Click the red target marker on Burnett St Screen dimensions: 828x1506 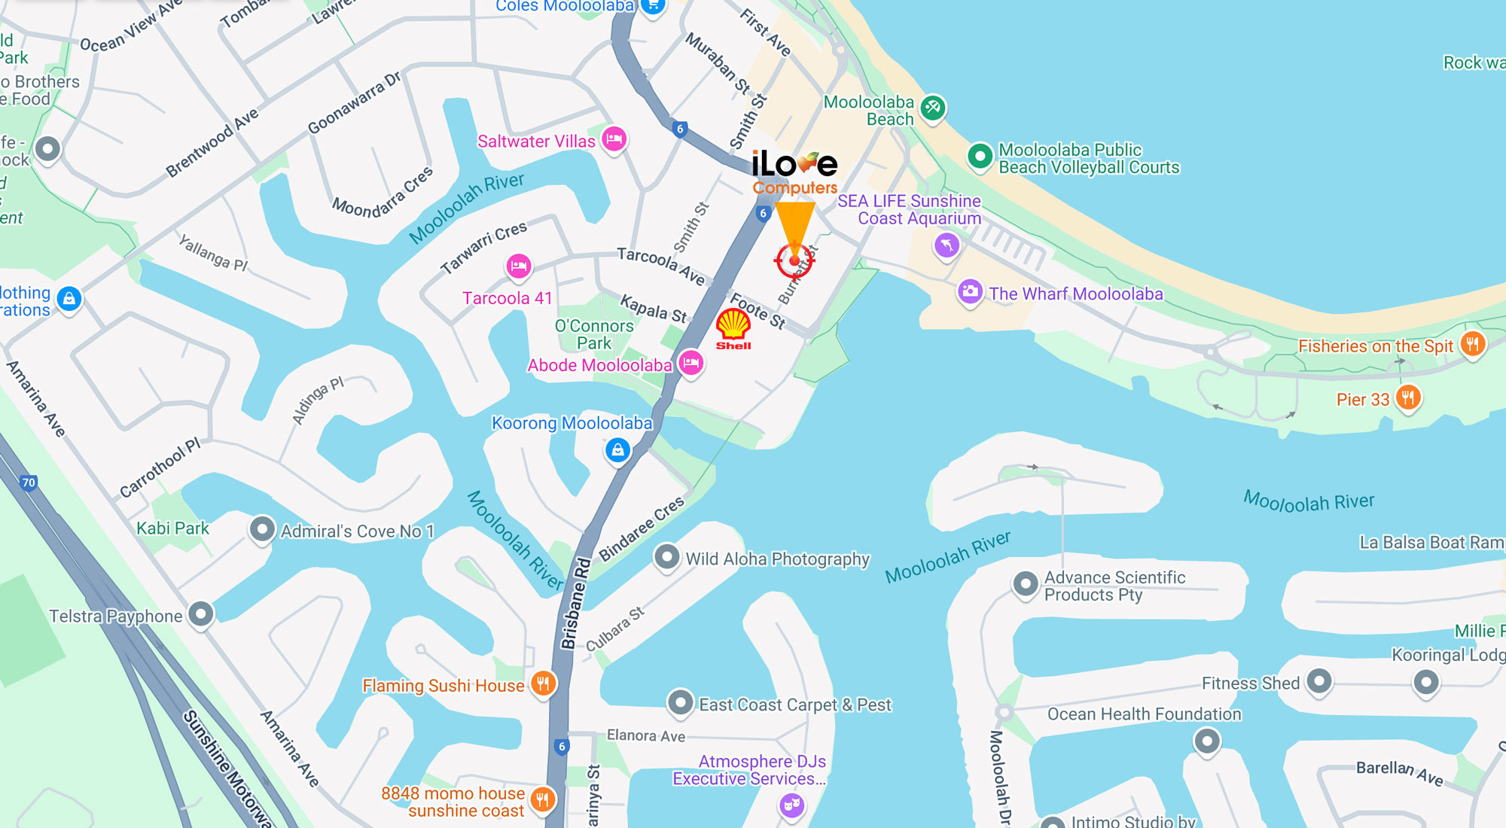pyautogui.click(x=794, y=260)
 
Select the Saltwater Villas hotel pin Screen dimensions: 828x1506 pyautogui.click(x=614, y=139)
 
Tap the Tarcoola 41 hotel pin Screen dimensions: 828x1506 pyautogui.click(x=518, y=266)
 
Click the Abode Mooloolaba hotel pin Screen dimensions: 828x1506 pyautogui.click(x=691, y=364)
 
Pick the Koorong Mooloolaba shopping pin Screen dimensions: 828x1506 pyautogui.click(x=617, y=450)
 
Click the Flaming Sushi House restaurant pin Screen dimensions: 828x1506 pyautogui.click(x=543, y=683)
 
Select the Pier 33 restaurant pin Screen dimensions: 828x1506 pyautogui.click(x=1407, y=397)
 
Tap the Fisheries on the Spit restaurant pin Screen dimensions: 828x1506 pyautogui.click(x=1472, y=344)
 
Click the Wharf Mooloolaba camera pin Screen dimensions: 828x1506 pyautogui.click(x=970, y=291)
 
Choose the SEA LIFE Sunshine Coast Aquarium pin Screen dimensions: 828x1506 pyautogui.click(x=947, y=244)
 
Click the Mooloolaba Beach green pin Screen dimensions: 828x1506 pyautogui.click(x=932, y=108)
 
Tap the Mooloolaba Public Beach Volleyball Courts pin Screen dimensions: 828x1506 pyautogui.click(x=980, y=157)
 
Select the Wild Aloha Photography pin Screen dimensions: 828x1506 pyautogui.click(x=666, y=557)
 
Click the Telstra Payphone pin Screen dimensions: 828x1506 pyautogui.click(x=200, y=614)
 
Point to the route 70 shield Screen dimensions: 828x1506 pyautogui.click(x=29, y=482)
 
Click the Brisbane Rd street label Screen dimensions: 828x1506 pyautogui.click(x=575, y=604)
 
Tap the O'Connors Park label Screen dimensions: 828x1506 pyautogui.click(x=594, y=334)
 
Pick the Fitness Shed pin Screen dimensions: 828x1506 pyautogui.click(x=1319, y=681)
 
